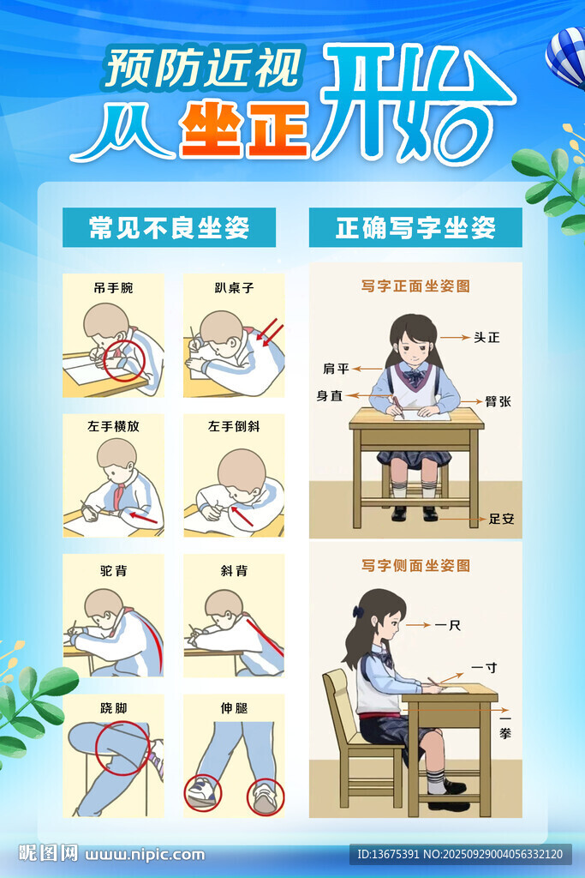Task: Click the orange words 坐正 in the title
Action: point(244,129)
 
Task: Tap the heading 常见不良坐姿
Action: point(169,227)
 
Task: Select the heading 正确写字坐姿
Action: point(415,227)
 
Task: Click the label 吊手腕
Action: point(113,288)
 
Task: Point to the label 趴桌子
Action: point(234,288)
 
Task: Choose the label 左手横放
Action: point(113,426)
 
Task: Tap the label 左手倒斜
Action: point(234,426)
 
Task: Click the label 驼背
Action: point(114,570)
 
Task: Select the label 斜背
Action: point(234,570)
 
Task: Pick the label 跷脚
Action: point(114,708)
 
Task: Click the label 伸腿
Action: point(234,708)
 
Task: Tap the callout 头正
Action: point(487,337)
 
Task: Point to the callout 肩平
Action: point(336,369)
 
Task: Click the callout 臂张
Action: point(498,401)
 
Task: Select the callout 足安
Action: point(501,519)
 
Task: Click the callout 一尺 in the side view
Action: point(447,625)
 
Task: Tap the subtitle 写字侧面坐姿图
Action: point(415,566)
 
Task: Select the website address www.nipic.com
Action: point(145,855)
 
